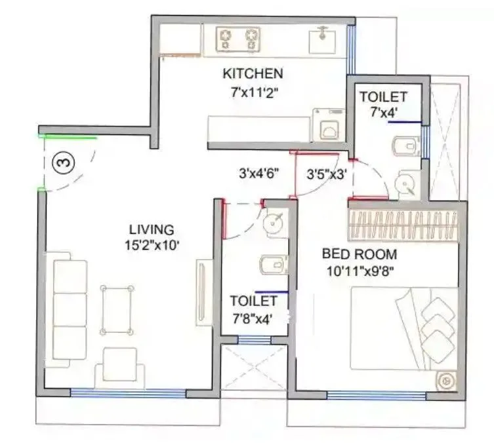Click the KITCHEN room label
[x=253, y=73]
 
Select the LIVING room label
[x=151, y=229]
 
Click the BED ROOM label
[x=359, y=254]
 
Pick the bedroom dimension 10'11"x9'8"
[x=359, y=269]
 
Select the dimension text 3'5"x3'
[x=326, y=174]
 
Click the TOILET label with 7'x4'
[x=383, y=97]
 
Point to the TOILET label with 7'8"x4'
[x=253, y=301]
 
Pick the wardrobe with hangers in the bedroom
[x=403, y=225]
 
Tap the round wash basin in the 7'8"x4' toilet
[x=273, y=223]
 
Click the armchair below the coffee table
[x=120, y=364]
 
